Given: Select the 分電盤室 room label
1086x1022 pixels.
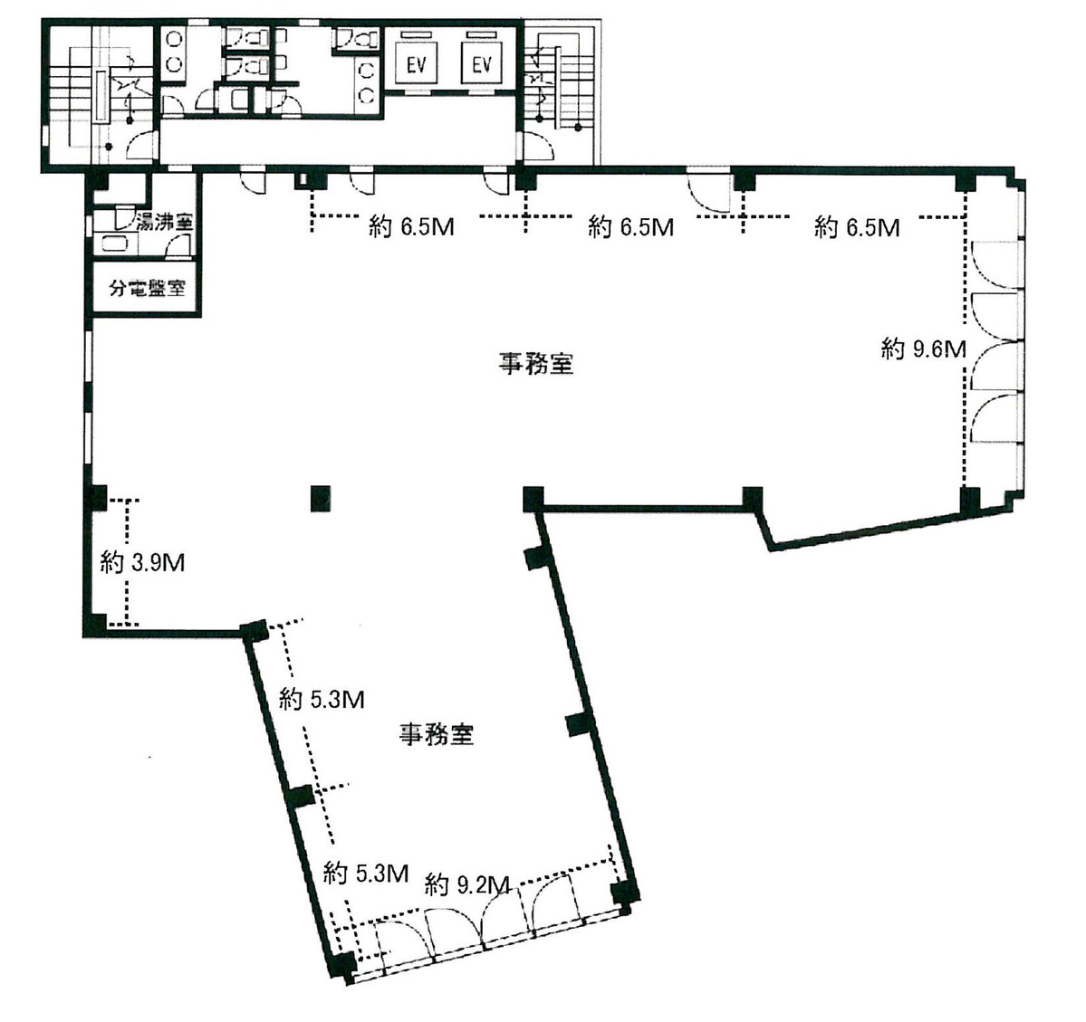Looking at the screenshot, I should pyautogui.click(x=147, y=289).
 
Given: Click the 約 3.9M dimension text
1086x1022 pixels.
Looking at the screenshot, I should pyautogui.click(x=143, y=562).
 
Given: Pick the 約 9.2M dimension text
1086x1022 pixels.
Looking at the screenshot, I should pyautogui.click(x=467, y=884).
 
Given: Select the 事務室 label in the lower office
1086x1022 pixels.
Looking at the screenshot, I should pyautogui.click(x=437, y=734).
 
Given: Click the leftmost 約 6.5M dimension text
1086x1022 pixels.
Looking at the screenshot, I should pyautogui.click(x=411, y=227).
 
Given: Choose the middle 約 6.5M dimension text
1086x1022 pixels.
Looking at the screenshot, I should pyautogui.click(x=630, y=227).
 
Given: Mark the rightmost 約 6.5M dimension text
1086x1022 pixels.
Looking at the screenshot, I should pyautogui.click(x=856, y=227).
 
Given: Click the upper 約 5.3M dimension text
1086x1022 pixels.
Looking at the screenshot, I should pyautogui.click(x=322, y=700).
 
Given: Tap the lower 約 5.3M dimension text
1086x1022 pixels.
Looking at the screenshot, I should pyautogui.click(x=365, y=874).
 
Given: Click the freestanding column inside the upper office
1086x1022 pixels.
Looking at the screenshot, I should pyautogui.click(x=319, y=499).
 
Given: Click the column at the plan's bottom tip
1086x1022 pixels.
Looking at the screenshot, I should pyautogui.click(x=341, y=966).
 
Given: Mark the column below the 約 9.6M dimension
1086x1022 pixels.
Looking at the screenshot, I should pyautogui.click(x=969, y=499).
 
